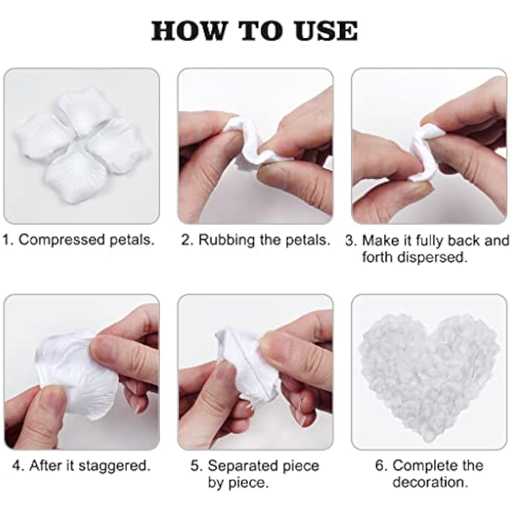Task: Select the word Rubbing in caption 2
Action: click(228, 240)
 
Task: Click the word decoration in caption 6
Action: click(429, 482)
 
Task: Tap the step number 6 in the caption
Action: click(379, 465)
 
